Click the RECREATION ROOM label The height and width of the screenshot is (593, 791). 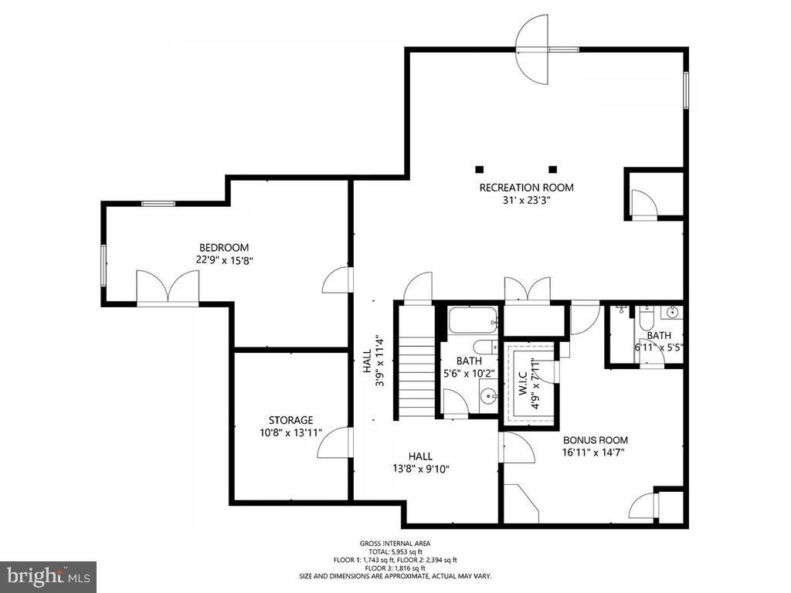[526, 188]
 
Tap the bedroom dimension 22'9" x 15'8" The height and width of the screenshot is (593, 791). [224, 260]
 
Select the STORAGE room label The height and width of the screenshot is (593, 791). [290, 420]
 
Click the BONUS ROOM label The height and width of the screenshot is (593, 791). [595, 440]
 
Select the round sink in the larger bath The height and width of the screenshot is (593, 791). [488, 398]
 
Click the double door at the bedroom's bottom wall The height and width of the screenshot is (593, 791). [168, 289]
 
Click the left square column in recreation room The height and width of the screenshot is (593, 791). [480, 169]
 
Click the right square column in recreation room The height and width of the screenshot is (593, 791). [552, 169]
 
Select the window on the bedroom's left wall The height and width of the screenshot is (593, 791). [104, 265]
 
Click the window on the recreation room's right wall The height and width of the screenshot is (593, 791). [685, 90]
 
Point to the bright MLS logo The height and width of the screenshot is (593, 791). [48, 576]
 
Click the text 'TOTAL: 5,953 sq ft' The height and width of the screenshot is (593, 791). [395, 551]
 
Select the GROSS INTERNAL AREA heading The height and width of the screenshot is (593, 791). [395, 543]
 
